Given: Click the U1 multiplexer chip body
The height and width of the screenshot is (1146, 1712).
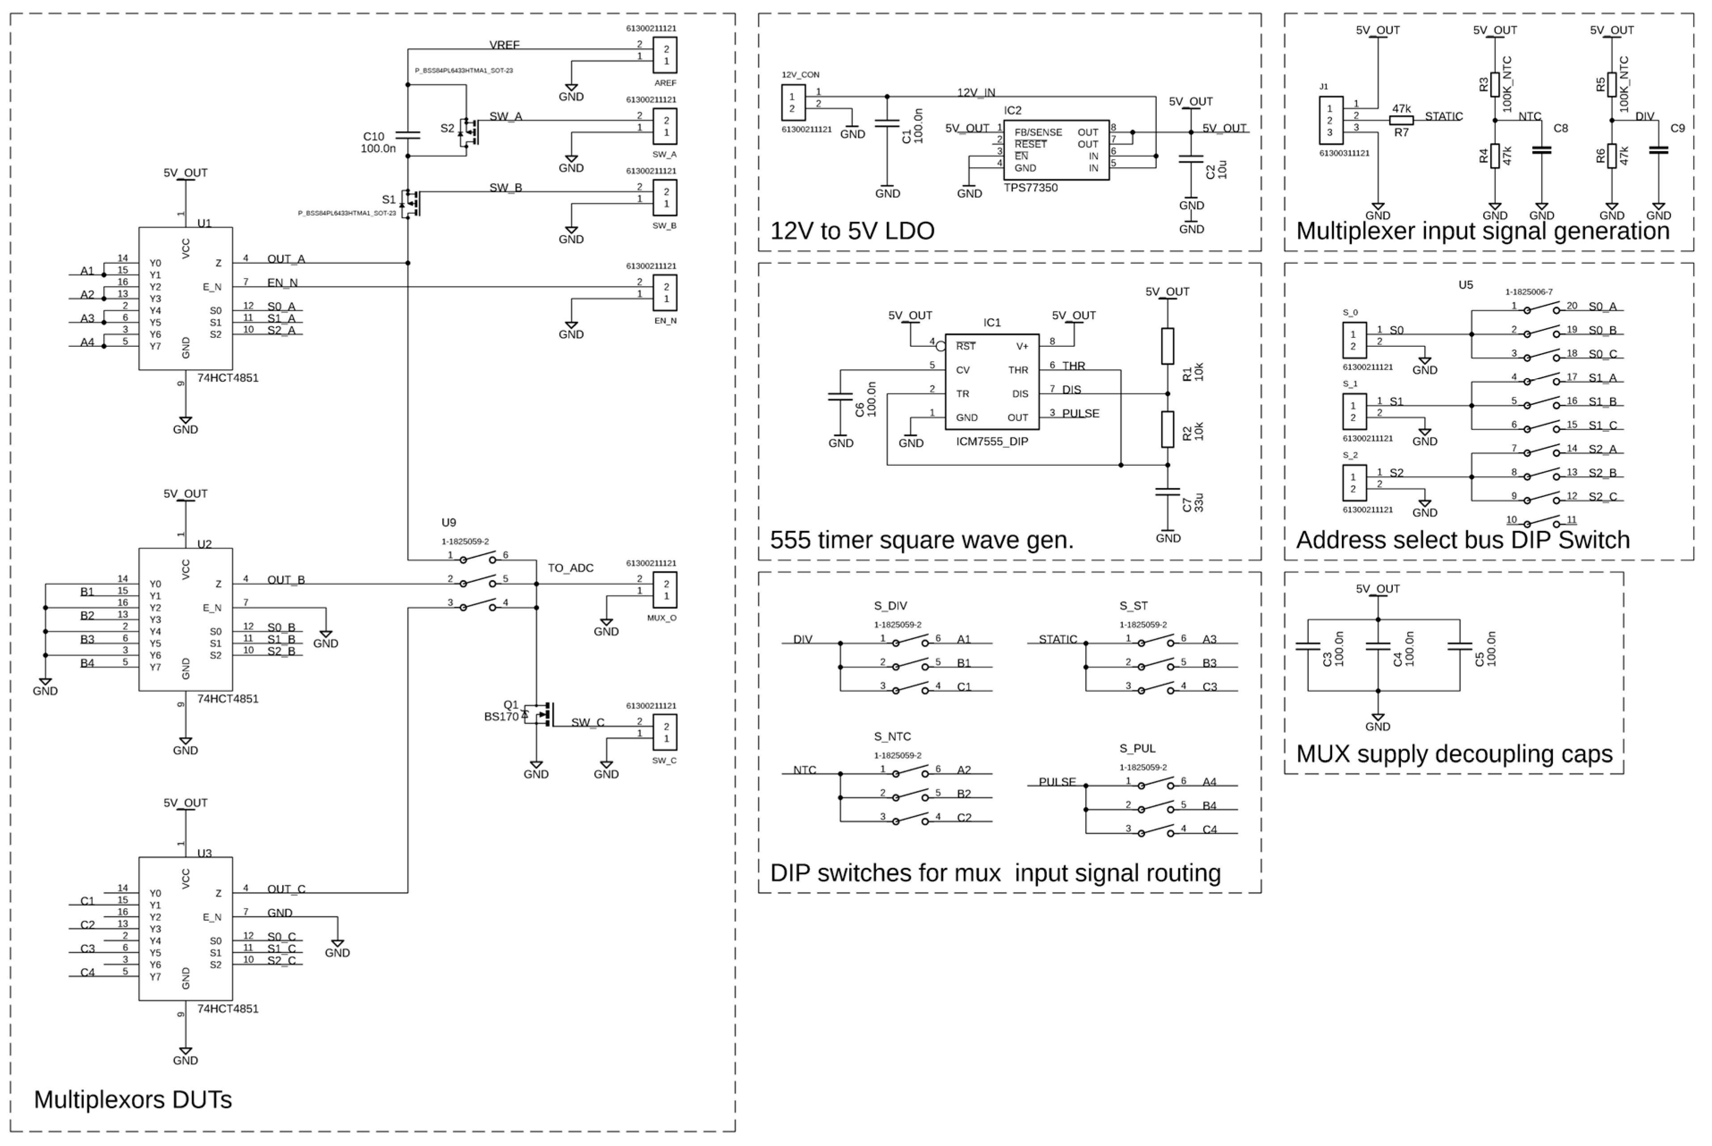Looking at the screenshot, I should click(x=186, y=298).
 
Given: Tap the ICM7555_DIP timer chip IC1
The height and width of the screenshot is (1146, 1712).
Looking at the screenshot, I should click(x=991, y=382).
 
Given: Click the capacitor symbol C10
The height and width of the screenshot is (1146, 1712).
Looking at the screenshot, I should click(x=407, y=135).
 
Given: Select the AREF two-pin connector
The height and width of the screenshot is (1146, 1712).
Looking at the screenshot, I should click(x=665, y=55).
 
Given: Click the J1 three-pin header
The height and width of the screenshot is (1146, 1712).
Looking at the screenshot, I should click(x=1330, y=121).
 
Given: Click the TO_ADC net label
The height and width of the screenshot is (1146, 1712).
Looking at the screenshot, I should click(x=570, y=568).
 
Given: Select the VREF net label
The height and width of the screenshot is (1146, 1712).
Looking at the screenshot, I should click(x=504, y=45).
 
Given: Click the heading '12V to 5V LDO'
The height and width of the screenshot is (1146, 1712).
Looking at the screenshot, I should click(x=852, y=231).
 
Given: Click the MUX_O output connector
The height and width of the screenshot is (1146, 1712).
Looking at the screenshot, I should click(x=665, y=590).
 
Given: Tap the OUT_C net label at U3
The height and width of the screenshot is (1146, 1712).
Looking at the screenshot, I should click(x=286, y=889).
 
